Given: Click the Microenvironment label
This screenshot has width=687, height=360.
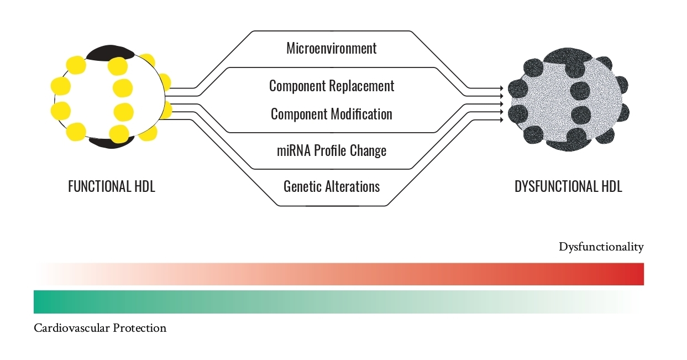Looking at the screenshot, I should pyautogui.click(x=331, y=48).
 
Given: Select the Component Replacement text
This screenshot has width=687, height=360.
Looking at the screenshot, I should pyautogui.click(x=332, y=86).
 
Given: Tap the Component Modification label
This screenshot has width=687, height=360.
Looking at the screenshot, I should pyautogui.click(x=332, y=114).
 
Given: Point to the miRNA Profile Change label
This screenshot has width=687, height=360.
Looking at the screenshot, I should pyautogui.click(x=332, y=150).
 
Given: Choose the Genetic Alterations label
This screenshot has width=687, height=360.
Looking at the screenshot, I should pyautogui.click(x=332, y=186).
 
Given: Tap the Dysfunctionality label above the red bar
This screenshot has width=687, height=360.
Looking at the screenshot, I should pyautogui.click(x=601, y=247).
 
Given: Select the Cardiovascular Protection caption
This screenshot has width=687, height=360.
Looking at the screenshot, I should pyautogui.click(x=100, y=328).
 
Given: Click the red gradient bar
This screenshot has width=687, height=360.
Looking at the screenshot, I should pyautogui.click(x=339, y=274).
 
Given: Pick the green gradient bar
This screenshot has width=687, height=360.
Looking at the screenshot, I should pyautogui.click(x=339, y=302).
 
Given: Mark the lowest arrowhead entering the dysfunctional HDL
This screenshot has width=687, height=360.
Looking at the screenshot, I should pyautogui.click(x=501, y=119).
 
